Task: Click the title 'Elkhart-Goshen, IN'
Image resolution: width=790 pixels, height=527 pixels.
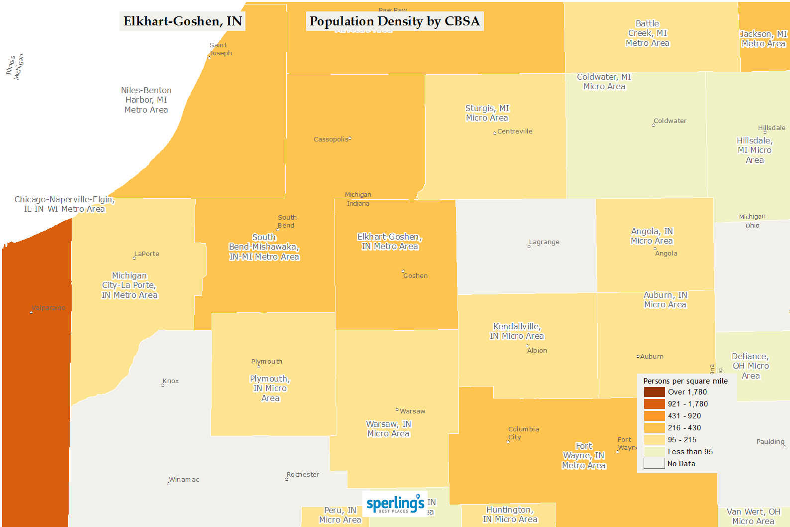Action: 182,21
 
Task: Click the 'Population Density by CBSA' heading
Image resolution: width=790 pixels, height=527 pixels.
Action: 394,21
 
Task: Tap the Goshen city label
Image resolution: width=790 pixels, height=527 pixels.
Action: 415,275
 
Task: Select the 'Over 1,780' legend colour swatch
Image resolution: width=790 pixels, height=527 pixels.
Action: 654,392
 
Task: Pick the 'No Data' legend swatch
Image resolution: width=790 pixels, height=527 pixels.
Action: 654,464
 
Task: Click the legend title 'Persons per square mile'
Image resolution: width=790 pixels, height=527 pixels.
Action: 685,381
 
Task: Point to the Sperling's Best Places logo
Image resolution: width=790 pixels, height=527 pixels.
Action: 395,504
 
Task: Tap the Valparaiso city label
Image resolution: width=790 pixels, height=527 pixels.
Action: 48,308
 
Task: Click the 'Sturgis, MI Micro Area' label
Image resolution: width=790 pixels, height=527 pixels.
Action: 487,113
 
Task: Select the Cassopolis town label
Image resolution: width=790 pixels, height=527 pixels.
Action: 331,139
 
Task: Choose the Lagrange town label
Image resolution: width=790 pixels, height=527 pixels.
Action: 544,242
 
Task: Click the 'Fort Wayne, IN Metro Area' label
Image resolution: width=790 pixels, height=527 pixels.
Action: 584,456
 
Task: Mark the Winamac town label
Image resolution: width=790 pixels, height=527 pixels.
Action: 184,480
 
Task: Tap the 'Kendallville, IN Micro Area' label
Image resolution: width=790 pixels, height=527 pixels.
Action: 517,331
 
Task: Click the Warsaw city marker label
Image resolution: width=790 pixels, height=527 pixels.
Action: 412,411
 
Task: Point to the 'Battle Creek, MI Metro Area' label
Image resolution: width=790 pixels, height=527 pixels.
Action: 648,33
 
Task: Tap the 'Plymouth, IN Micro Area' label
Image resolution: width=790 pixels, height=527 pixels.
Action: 270,389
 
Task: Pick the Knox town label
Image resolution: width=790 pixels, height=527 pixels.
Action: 170,381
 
